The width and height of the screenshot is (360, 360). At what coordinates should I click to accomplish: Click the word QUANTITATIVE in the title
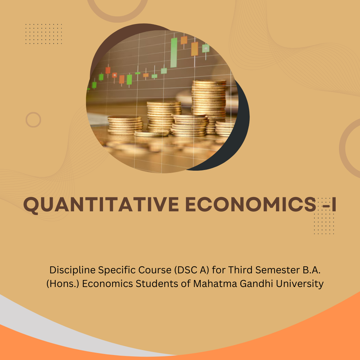(101, 204)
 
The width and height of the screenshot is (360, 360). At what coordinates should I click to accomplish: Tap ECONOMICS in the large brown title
(251, 204)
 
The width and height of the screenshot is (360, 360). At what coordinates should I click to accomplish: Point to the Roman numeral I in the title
(334, 204)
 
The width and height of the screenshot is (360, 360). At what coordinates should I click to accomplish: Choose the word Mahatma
(215, 284)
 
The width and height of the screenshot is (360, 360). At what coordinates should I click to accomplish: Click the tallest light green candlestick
(174, 53)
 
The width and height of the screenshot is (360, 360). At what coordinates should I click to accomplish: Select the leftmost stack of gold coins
(125, 125)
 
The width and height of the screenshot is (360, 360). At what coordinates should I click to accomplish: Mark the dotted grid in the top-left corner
(44, 34)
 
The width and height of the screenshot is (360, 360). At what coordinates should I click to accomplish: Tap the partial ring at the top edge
(117, 19)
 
